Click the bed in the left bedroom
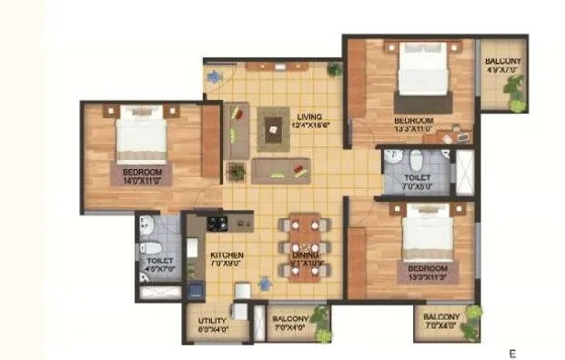142,136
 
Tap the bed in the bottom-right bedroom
427,234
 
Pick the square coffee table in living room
273,127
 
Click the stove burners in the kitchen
217,222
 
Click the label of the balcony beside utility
291,322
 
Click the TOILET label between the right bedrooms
418,183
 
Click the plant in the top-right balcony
517,91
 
